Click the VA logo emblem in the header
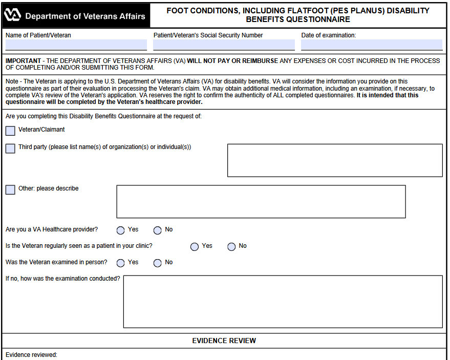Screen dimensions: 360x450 (12, 16)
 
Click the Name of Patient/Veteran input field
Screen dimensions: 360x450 (76, 45)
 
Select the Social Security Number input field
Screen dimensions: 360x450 (224, 45)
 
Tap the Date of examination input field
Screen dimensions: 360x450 (371, 45)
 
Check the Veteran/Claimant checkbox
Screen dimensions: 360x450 (10, 131)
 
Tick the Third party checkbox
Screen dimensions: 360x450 (10, 148)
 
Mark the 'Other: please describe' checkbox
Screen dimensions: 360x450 (10, 189)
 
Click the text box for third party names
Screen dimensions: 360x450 (335, 160)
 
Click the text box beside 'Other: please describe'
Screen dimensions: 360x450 (261, 201)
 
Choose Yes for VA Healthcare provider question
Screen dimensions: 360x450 (121, 230)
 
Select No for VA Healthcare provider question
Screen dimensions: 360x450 (158, 230)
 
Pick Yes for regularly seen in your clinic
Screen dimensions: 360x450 (195, 247)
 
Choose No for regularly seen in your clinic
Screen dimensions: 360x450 (231, 247)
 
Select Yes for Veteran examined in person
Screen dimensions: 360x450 (121, 263)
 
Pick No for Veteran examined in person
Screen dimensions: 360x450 (158, 263)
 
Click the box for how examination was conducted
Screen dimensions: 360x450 (283, 302)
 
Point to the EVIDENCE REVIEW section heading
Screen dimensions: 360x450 (224, 341)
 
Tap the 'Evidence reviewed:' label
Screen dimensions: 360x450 (31, 355)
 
